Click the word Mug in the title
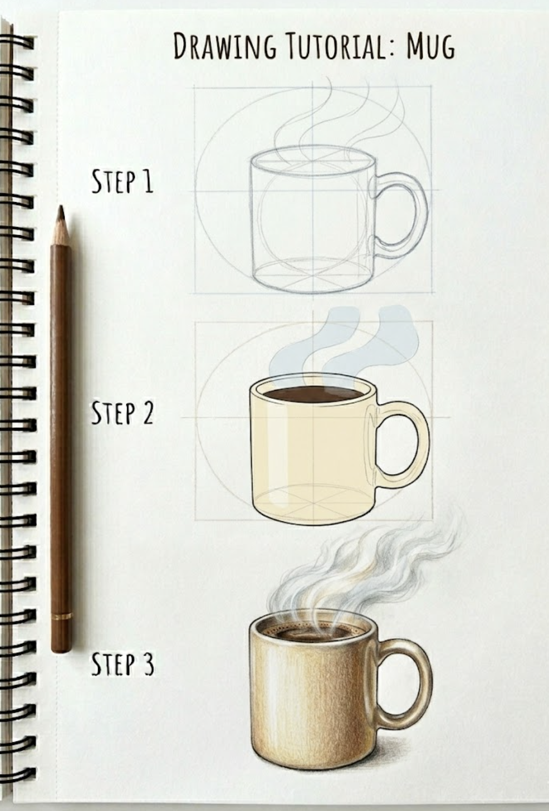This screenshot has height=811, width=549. click(x=430, y=47)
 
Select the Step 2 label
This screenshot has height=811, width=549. click(x=122, y=413)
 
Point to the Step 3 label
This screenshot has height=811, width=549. click(x=122, y=664)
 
